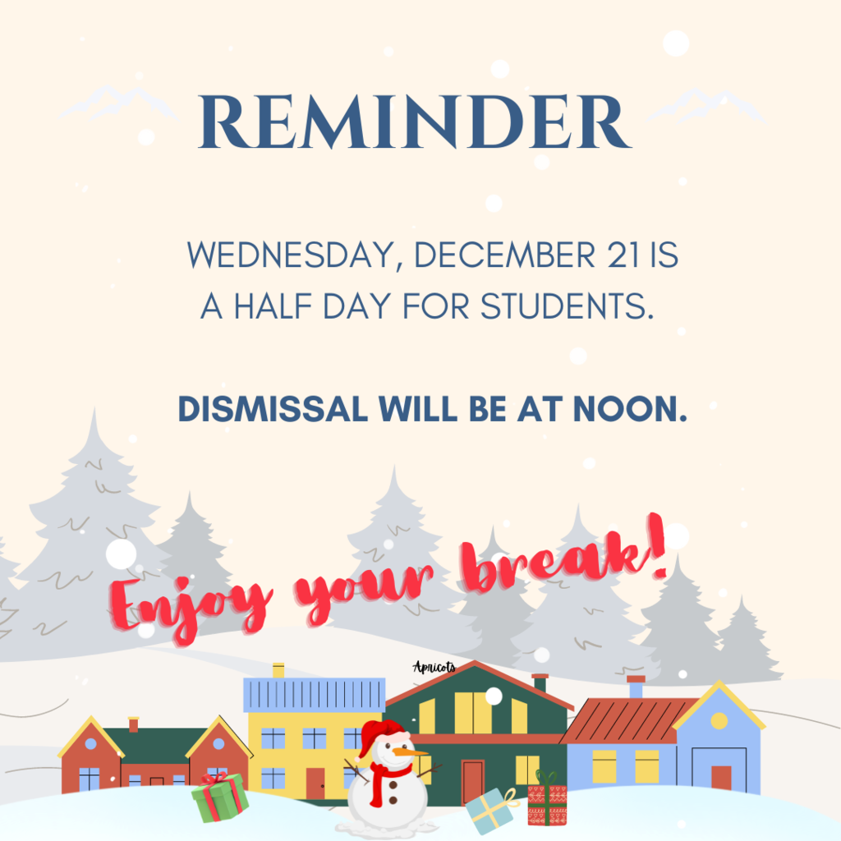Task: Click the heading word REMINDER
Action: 414,122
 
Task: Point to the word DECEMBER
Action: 505,255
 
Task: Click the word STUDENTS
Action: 567,306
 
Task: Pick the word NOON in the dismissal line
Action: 630,409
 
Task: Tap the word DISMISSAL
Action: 273,409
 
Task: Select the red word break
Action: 563,558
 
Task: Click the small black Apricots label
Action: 434,667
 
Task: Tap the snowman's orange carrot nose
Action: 410,752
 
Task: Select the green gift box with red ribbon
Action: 220,797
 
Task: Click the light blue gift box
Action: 490,811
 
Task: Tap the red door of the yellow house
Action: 315,783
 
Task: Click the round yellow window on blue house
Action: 719,720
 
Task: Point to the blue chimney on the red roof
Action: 636,687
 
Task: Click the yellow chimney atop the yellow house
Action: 278,670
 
